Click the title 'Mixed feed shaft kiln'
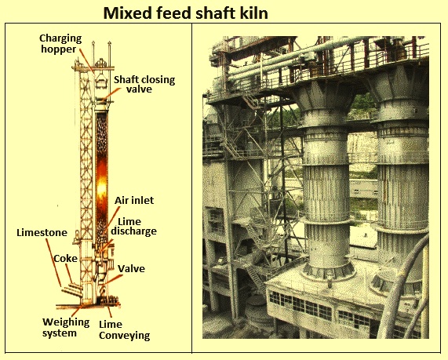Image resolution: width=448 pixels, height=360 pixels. click(x=186, y=13)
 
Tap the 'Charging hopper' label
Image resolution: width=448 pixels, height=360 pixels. click(x=60, y=43)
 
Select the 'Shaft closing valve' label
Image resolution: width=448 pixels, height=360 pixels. click(x=144, y=84)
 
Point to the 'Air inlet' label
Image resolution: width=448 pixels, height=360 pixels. click(x=134, y=200)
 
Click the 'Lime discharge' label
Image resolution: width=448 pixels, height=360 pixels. click(x=133, y=227)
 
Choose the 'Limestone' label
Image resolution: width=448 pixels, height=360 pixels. click(x=42, y=233)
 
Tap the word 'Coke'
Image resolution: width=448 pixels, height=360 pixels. click(x=65, y=258)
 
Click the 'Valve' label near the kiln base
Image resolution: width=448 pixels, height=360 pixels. click(x=132, y=268)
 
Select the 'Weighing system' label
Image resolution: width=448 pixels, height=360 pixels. click(x=66, y=327)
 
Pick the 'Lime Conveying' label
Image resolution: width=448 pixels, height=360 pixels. click(x=124, y=329)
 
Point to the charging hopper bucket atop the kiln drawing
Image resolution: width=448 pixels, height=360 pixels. click(x=101, y=80)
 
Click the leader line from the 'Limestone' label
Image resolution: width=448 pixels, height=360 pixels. click(x=53, y=262)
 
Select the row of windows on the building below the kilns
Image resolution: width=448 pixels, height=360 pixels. click(x=300, y=304)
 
